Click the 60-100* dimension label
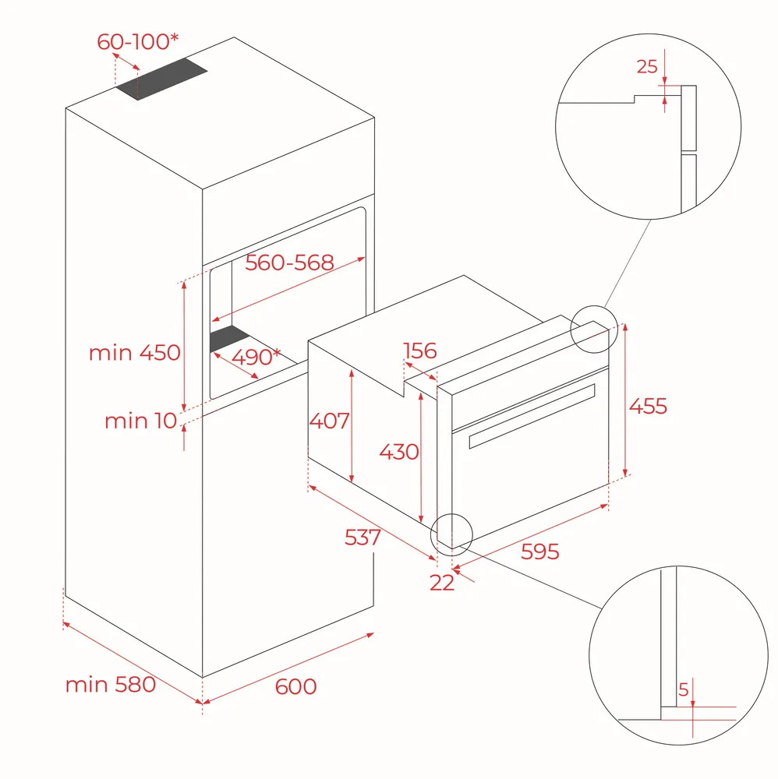coord(138,41)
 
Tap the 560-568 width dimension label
coord(289,263)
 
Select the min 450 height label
coord(134,353)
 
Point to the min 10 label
coord(140,421)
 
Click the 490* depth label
coord(256,357)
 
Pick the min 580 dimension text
coord(111,685)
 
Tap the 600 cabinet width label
coord(295,686)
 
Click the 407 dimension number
coord(329,421)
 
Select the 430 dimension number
coord(398,452)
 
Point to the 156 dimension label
coord(420,351)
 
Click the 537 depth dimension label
coord(362,537)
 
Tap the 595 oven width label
coord(540,552)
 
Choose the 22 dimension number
coord(442,582)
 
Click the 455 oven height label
coord(648,406)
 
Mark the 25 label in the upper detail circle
coord(647,66)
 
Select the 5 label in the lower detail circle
coord(684,689)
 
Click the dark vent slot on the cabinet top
coord(162,79)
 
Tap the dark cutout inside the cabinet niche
coord(230,340)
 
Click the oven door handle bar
coord(532,416)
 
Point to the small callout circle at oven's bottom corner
coord(451,534)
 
